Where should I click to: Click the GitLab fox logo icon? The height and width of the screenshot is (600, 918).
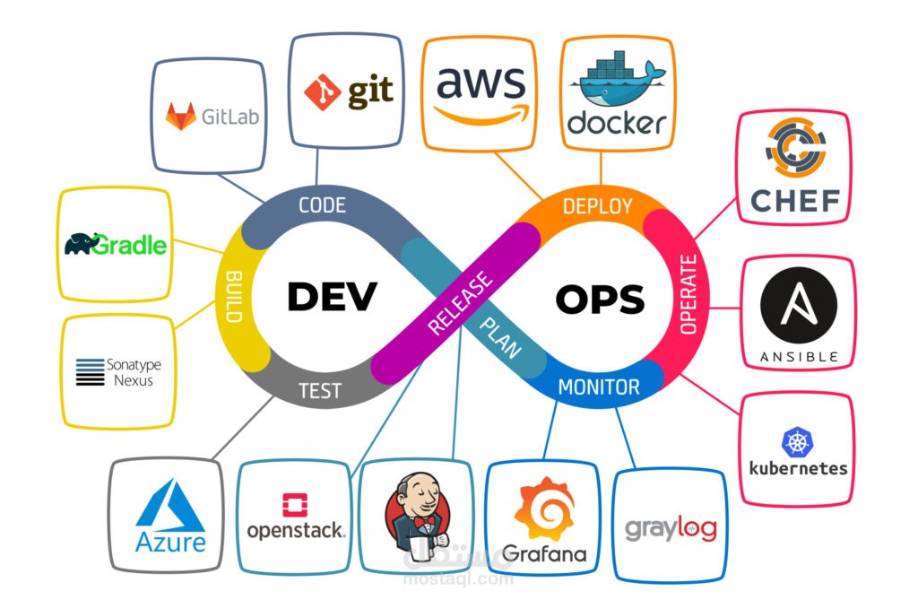coord(181,116)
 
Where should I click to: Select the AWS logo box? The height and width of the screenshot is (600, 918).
coord(481,93)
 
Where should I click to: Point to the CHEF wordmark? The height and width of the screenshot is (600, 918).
coord(794,201)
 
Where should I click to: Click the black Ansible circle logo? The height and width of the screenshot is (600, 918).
coord(798,307)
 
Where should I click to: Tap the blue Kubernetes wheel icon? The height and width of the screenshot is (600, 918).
coord(797,441)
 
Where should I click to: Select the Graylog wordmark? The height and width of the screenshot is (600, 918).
coord(671,528)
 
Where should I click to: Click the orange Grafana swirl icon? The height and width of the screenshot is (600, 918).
coord(543,509)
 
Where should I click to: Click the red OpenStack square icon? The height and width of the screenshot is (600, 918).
coord(294,505)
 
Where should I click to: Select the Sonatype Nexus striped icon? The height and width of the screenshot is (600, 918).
coord(90,371)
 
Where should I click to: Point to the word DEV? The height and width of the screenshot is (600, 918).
coord(332,297)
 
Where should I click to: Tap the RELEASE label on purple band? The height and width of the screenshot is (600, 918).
coord(460,304)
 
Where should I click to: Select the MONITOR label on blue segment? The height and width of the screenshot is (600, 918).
coord(599,387)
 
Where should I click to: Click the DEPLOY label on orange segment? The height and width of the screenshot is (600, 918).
coord(597,206)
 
